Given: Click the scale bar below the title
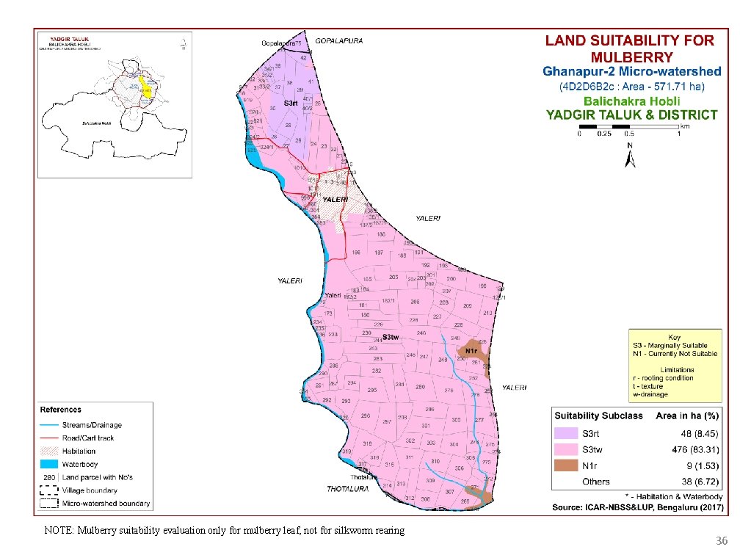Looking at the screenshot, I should [628, 128].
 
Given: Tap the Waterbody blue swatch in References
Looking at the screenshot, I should [48, 465].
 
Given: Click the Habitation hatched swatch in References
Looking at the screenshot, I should [48, 451].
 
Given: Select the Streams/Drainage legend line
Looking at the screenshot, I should [48, 425].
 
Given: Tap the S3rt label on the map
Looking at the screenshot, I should [290, 104].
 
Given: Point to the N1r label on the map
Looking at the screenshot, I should [472, 351].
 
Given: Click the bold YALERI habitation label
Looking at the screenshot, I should [334, 198].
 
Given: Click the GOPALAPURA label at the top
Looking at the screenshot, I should [338, 40].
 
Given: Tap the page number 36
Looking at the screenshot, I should [722, 541].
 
